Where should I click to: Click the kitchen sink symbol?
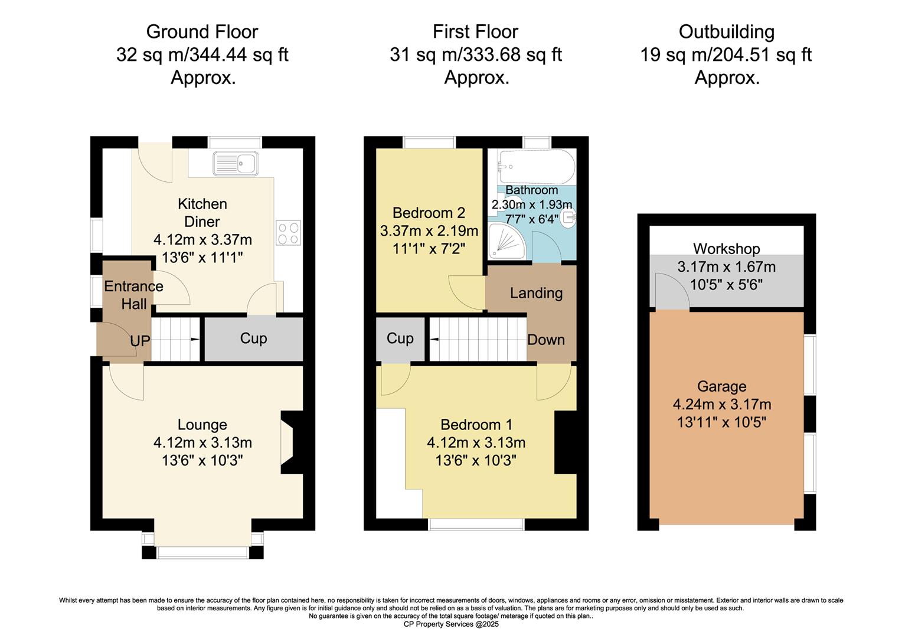pos(236,163)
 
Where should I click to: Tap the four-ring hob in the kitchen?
pos(288,232)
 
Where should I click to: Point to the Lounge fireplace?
pos(292,442)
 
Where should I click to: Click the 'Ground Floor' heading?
pos(202,31)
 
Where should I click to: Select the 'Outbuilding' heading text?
pos(726,31)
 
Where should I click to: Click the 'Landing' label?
pos(536,293)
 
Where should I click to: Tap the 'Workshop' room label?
pos(726,249)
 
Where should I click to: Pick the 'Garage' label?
pos(721,386)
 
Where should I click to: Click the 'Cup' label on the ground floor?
pos(253,338)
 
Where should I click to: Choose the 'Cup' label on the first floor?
pos(400,338)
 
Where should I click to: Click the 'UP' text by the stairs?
pos(140,341)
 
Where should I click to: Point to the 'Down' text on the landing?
pos(546,340)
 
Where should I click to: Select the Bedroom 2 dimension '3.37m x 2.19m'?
pos(429,230)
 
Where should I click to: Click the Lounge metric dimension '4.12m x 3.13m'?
pos(202,442)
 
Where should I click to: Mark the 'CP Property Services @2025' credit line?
pos(451,624)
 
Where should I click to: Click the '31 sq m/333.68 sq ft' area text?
pos(476,55)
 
